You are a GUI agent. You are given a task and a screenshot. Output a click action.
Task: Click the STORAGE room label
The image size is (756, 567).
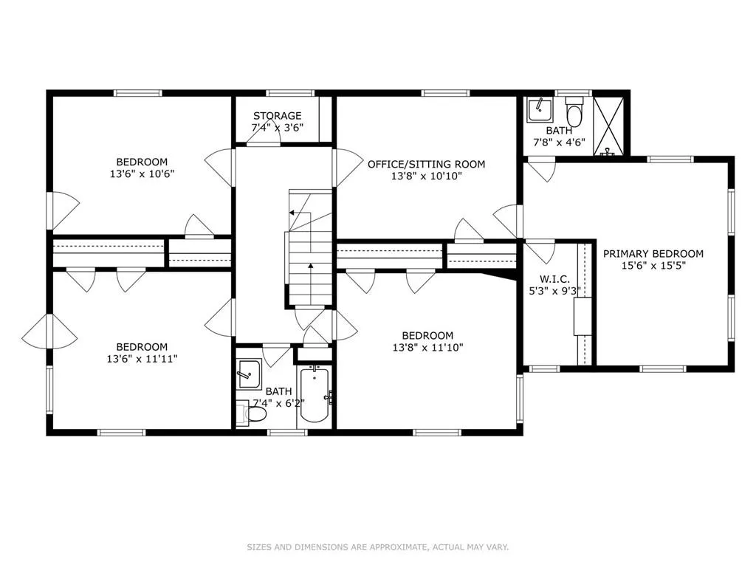coord(277,116)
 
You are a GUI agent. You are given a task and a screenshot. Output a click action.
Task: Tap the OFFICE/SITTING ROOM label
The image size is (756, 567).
coord(426,164)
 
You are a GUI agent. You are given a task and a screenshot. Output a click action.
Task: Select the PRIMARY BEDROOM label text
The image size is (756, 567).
coord(653,253)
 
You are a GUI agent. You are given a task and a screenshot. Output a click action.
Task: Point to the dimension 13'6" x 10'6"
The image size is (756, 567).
coord(141,174)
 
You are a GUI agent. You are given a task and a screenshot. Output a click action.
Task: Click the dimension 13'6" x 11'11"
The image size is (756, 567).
coord(141,359)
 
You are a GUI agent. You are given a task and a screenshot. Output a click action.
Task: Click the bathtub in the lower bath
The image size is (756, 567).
coord(314,396)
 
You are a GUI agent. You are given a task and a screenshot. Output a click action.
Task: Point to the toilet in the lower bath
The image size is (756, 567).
coord(252,413)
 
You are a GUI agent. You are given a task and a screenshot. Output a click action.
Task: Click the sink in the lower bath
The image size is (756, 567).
coord(248,374)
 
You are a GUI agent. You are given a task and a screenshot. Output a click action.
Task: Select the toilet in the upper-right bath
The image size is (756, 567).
coord(574,114)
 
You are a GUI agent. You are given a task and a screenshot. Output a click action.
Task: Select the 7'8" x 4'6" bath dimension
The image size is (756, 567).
coord(559,143)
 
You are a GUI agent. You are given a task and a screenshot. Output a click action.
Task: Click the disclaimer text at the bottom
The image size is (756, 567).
coord(377,547)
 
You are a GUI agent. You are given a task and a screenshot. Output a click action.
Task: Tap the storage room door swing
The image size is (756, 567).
coord(264,141)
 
